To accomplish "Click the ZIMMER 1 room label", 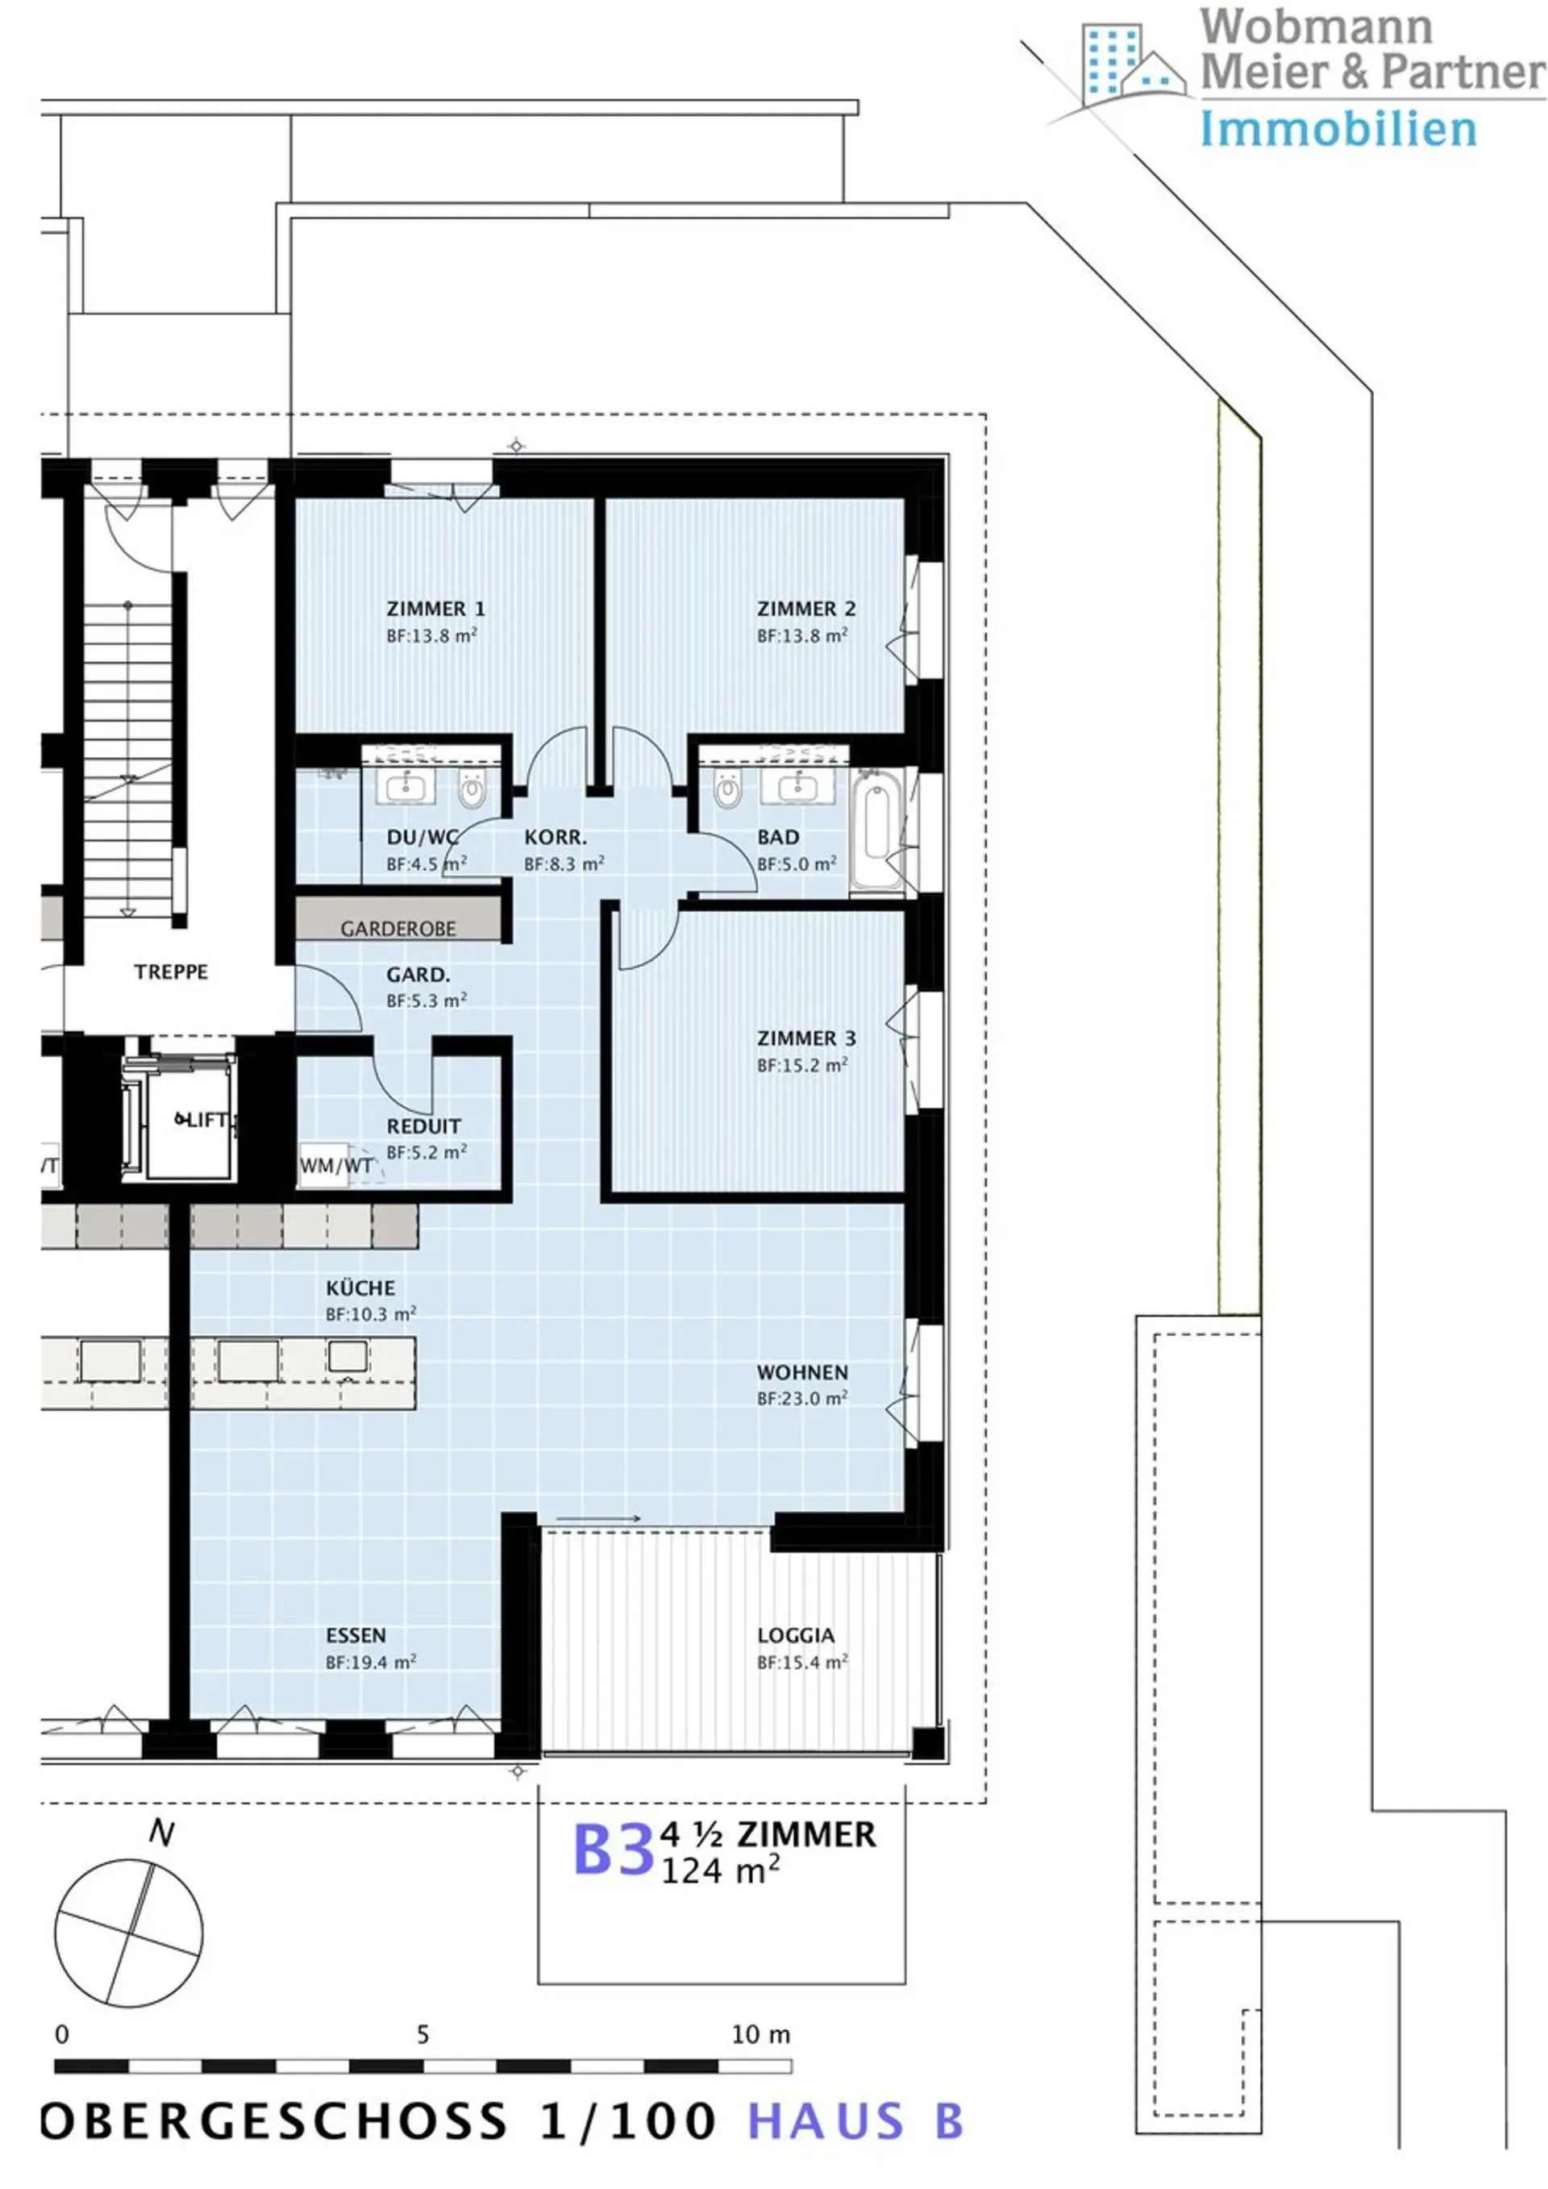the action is click(435, 608).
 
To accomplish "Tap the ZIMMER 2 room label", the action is click(806, 608).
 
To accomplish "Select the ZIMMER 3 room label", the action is click(806, 1038).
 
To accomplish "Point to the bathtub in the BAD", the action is click(876, 831).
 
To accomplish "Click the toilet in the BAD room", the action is click(728, 789).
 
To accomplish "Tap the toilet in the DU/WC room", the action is click(472, 789).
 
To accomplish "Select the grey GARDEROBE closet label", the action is click(398, 929).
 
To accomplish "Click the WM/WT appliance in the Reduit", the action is click(324, 1165).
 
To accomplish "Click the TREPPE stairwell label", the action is click(171, 972).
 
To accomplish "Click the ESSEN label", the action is click(356, 1636).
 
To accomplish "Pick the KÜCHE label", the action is click(360, 1288).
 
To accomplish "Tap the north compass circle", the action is click(129, 1933).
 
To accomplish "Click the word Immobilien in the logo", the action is click(1338, 130).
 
